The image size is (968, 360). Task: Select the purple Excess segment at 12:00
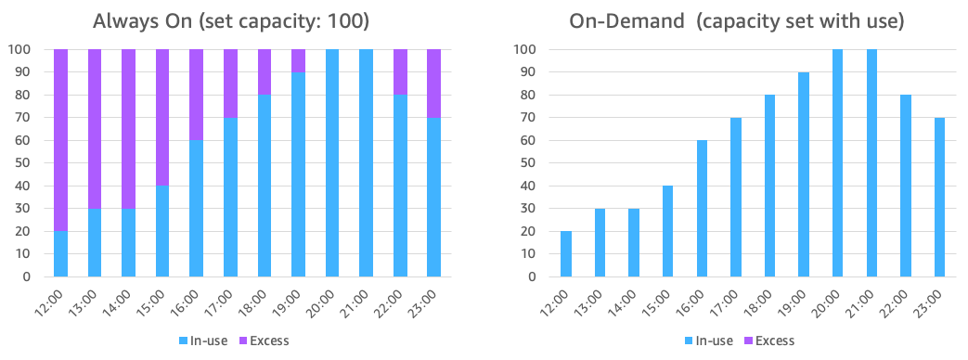[61, 139]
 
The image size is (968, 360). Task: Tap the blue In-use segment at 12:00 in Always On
[61, 253]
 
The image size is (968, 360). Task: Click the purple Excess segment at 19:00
[298, 60]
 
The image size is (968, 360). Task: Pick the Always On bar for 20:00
[332, 162]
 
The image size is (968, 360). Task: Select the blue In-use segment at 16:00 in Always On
[197, 208]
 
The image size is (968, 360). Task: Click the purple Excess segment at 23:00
[433, 83]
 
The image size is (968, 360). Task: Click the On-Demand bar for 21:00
[872, 162]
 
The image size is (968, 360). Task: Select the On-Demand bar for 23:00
[940, 197]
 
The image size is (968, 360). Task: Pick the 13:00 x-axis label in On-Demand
[596, 302]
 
